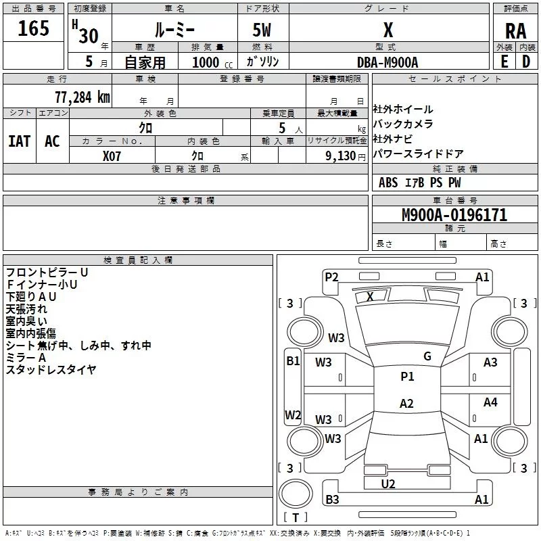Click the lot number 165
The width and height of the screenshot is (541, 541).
[34, 29]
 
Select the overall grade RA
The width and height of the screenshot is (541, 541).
[515, 30]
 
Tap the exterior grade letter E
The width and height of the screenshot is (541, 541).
[504, 61]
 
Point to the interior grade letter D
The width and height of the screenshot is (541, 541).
[526, 61]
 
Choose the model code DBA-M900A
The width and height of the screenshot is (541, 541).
[387, 62]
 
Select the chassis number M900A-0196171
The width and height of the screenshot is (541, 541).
[454, 216]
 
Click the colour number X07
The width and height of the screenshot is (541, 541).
[112, 155]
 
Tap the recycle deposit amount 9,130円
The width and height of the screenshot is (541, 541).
[346, 156]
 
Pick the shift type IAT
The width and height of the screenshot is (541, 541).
[19, 141]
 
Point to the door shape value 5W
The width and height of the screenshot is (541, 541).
[263, 31]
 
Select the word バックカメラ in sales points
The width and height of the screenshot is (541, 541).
[403, 124]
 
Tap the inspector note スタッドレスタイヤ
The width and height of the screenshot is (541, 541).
[51, 370]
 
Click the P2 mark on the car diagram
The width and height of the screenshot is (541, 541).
[331, 277]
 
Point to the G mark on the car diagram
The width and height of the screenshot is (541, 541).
[427, 356]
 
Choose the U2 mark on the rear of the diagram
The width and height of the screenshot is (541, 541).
[388, 484]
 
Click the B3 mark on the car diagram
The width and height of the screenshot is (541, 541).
[332, 500]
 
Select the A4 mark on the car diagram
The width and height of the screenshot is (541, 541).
[490, 402]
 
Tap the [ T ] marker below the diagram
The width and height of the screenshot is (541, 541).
[295, 518]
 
